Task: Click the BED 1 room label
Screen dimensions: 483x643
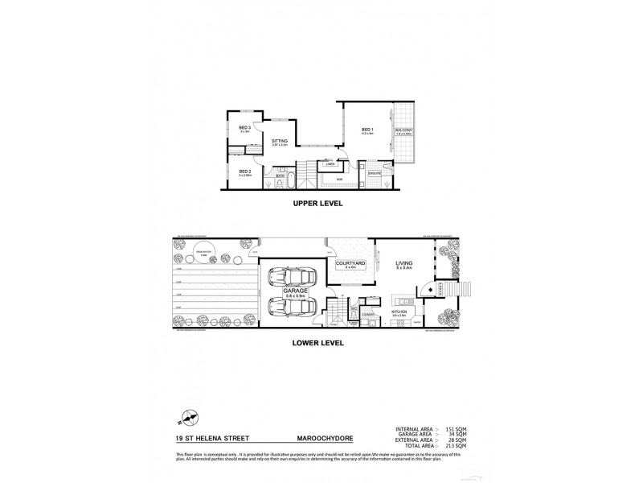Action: tap(367, 130)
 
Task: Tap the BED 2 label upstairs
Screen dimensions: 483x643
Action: tap(244, 171)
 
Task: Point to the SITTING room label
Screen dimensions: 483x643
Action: tap(279, 141)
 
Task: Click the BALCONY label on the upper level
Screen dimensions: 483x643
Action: tap(403, 130)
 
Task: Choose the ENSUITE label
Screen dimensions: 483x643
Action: tap(375, 173)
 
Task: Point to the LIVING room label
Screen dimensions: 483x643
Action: tap(403, 262)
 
